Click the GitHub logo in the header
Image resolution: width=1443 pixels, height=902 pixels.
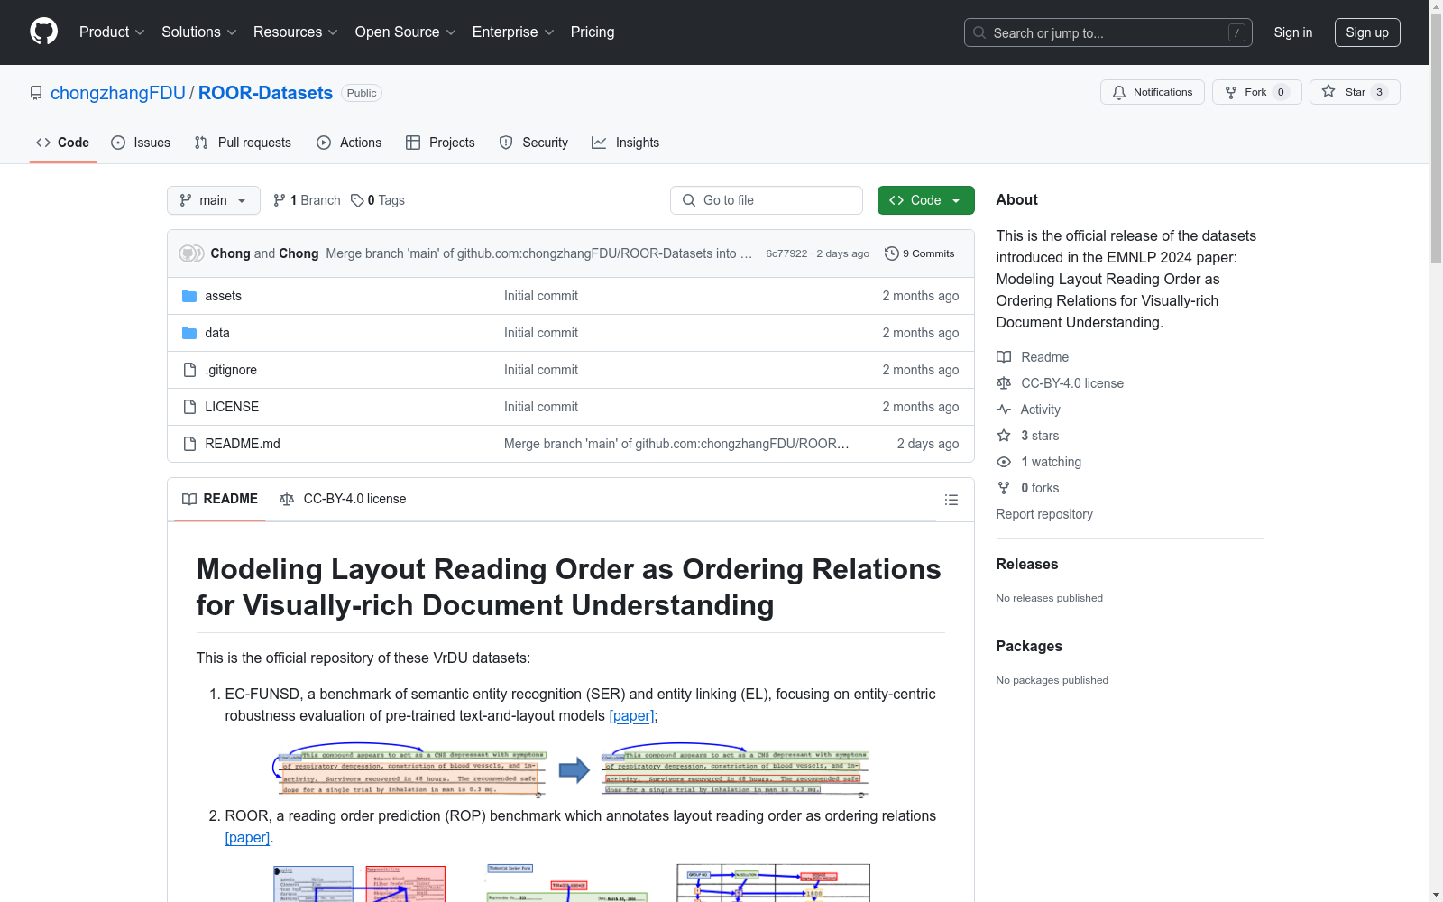click(x=43, y=32)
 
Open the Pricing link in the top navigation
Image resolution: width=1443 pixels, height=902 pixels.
click(x=592, y=32)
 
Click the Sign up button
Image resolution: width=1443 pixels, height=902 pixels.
click(x=1366, y=32)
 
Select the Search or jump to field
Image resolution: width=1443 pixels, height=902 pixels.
click(x=1108, y=32)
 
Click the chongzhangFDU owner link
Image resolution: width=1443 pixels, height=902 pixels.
click(x=118, y=93)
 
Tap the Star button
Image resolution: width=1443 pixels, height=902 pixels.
click(x=1354, y=92)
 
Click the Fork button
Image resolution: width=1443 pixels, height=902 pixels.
click(x=1255, y=92)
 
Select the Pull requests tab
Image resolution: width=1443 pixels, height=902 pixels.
click(x=243, y=143)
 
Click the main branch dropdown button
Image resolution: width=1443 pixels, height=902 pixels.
click(x=213, y=200)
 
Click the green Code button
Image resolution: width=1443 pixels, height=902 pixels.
click(x=925, y=200)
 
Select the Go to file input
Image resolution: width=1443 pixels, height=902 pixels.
click(x=767, y=200)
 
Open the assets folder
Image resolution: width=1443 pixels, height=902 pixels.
click(x=223, y=296)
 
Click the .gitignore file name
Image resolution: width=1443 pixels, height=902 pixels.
click(x=231, y=370)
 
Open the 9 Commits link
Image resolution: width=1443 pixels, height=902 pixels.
click(x=920, y=253)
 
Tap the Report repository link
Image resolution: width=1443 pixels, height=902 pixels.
click(x=1043, y=514)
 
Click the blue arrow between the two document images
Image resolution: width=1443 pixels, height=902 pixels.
click(x=574, y=770)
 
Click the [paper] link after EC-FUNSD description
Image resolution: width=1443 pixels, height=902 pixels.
click(x=631, y=715)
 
